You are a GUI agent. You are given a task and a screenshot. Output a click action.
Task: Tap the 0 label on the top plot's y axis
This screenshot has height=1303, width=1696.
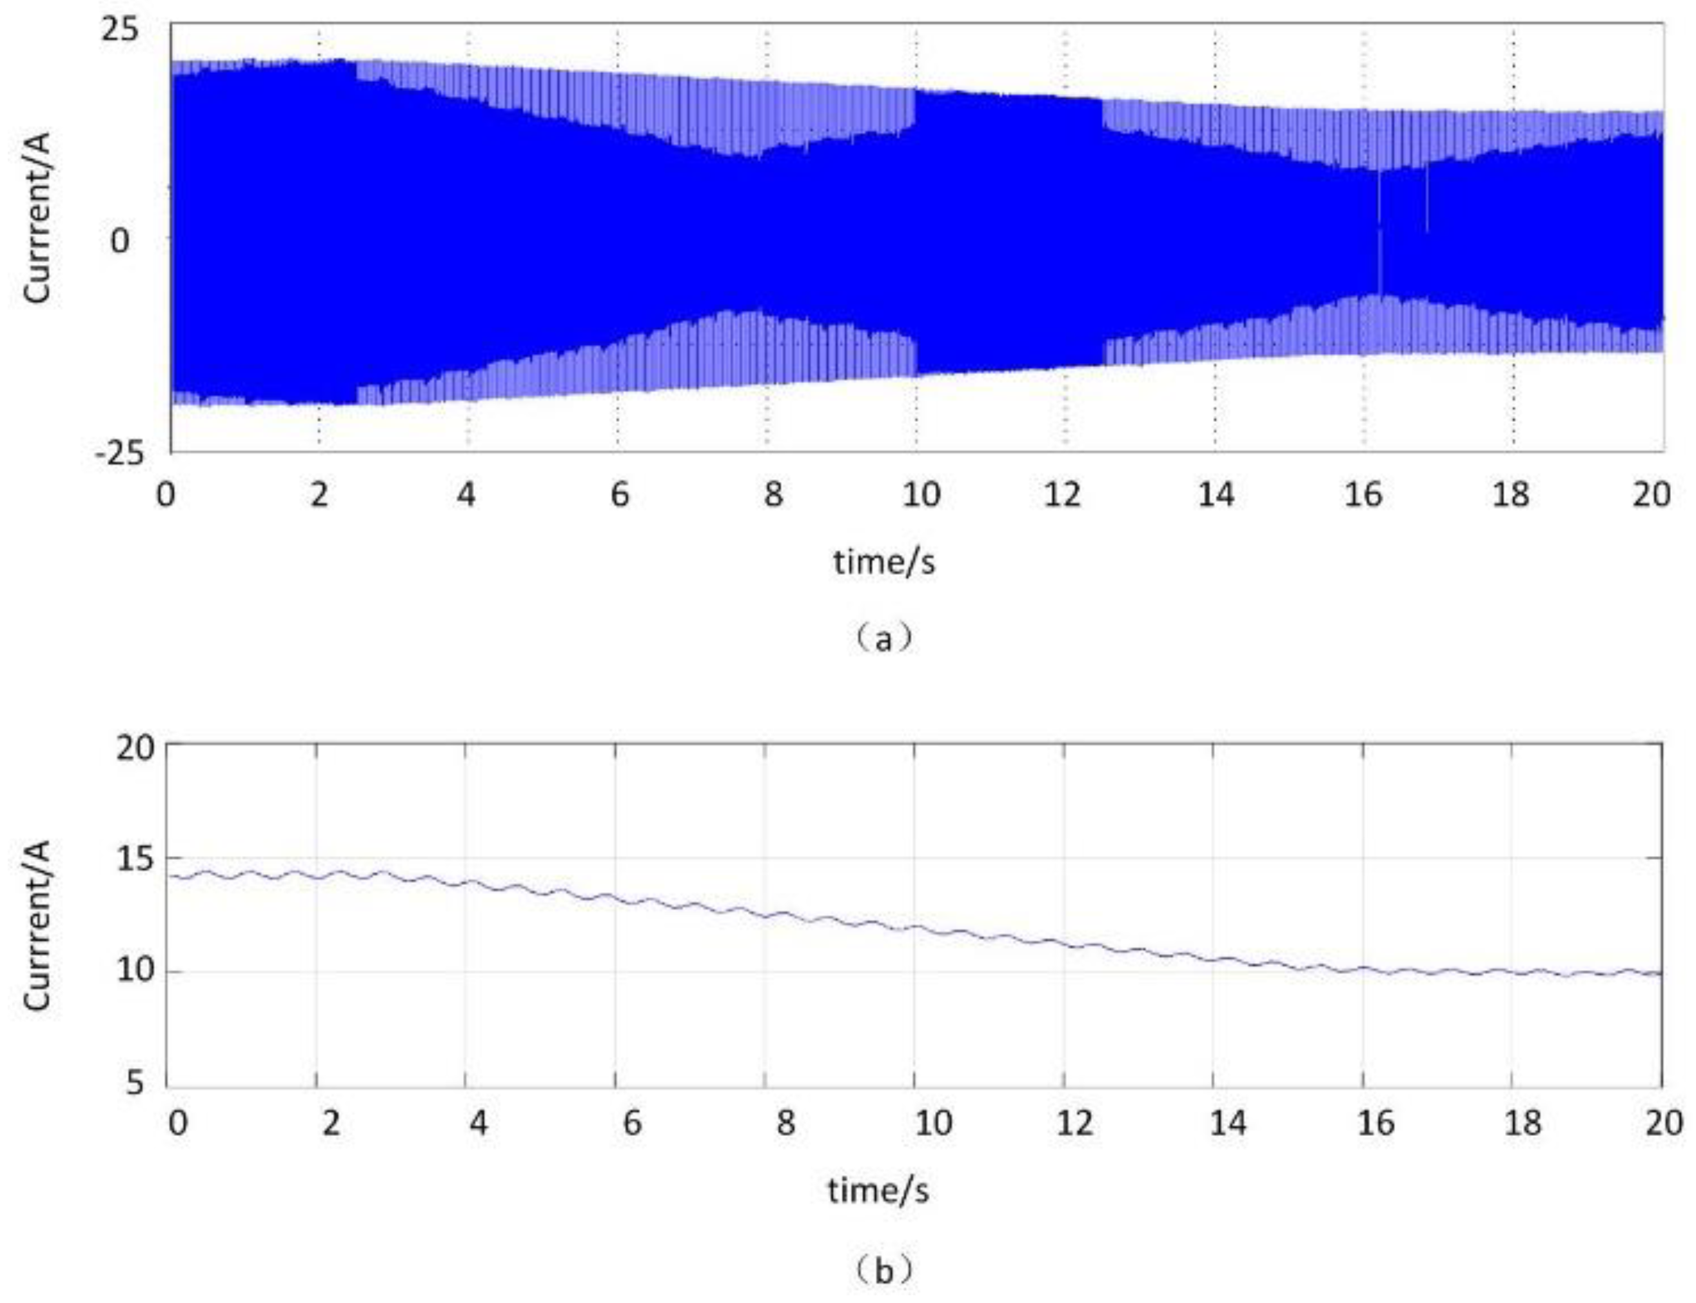119,241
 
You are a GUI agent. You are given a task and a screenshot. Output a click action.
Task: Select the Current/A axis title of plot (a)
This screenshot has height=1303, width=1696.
37,217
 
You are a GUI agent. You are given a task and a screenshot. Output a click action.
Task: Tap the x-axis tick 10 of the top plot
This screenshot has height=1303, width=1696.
920,494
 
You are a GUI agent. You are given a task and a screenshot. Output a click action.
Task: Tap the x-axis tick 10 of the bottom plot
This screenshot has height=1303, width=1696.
933,1123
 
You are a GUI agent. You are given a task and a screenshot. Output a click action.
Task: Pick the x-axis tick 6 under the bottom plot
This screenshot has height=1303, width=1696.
632,1123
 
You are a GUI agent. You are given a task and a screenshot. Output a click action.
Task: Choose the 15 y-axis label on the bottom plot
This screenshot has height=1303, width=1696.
135,861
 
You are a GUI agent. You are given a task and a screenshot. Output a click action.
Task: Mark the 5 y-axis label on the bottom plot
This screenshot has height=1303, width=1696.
135,1083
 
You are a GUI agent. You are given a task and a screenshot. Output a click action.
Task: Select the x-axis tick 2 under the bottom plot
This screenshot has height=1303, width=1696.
331,1123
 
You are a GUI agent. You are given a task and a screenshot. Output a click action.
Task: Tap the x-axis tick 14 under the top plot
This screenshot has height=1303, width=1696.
1215,494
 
